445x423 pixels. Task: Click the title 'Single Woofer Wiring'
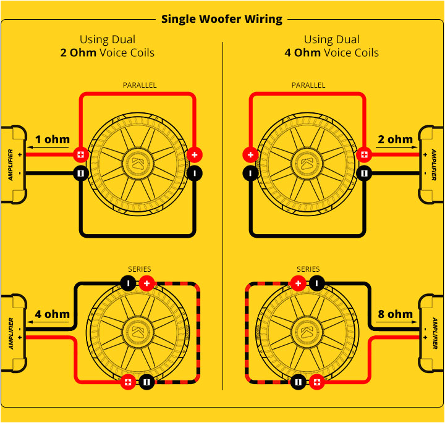222,19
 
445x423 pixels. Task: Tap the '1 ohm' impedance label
52,139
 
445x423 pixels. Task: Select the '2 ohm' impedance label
395,139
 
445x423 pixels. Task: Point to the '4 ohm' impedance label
52,314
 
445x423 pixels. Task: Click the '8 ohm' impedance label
395,314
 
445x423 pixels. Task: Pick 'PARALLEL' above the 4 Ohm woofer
308,85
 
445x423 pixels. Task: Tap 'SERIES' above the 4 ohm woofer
139,269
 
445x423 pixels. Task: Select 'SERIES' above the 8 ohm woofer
308,269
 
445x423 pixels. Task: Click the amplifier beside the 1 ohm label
13,165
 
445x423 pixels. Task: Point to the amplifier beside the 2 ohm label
432,165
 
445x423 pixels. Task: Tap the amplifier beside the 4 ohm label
13,334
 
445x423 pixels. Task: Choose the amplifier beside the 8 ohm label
432,334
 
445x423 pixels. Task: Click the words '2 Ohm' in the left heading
78,52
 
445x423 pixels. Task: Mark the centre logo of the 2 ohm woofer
308,164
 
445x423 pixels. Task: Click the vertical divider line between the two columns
222,216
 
